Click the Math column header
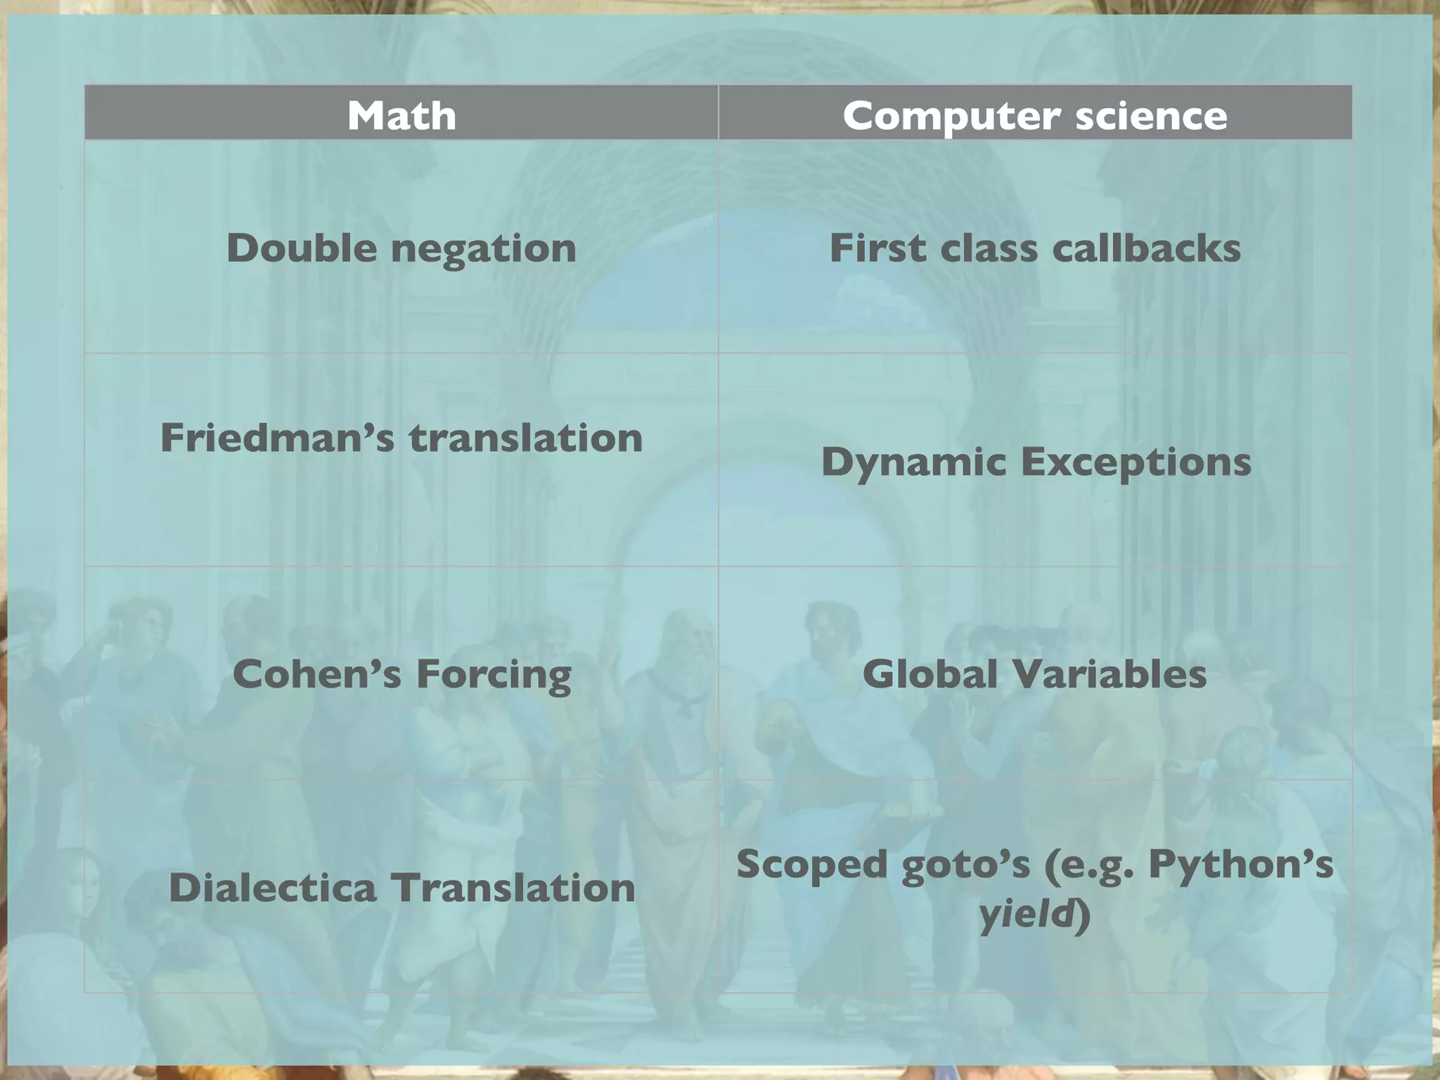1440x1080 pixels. [401, 115]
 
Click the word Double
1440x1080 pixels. [301, 248]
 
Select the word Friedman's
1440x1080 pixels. [277, 438]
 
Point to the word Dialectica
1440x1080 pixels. [272, 887]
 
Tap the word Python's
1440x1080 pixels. [1240, 864]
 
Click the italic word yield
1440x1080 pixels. [1027, 915]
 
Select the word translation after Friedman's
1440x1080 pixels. [526, 438]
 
